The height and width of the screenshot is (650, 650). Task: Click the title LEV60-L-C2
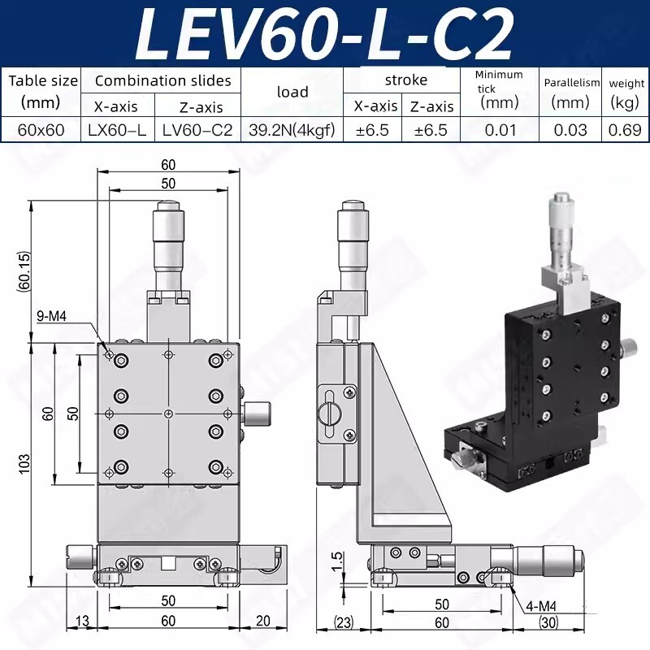pyautogui.click(x=325, y=32)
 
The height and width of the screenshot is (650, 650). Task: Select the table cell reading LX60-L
pyautogui.click(x=118, y=130)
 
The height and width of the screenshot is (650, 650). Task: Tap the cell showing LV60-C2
pyautogui.click(x=197, y=130)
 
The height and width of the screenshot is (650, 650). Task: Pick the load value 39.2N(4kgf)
pyautogui.click(x=292, y=130)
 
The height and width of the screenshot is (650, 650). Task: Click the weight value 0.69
pyautogui.click(x=626, y=130)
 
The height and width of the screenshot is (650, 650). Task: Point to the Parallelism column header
pyautogui.click(x=571, y=83)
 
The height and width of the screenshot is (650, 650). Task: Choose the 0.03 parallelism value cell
pyautogui.click(x=571, y=130)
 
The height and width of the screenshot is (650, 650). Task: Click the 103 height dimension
pyautogui.click(x=25, y=463)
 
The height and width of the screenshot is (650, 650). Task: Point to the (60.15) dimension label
pyautogui.click(x=25, y=271)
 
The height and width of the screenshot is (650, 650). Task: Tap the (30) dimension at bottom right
pyautogui.click(x=549, y=623)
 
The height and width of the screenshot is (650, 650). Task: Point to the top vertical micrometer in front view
pyautogui.click(x=167, y=244)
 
